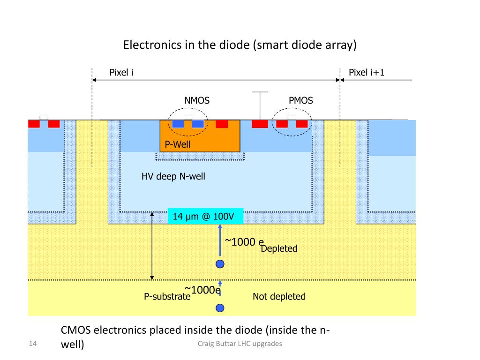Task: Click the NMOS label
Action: [x=197, y=100]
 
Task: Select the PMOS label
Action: [x=300, y=100]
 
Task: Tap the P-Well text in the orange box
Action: [x=177, y=144]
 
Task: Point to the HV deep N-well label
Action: [x=173, y=177]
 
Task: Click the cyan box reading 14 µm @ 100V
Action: [x=206, y=217]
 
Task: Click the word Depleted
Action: [x=279, y=248]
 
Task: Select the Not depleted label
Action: [x=279, y=296]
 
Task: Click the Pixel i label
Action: [x=121, y=72]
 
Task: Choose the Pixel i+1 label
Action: [x=367, y=72]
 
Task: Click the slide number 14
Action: [x=33, y=345]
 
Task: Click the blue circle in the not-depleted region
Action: [x=220, y=308]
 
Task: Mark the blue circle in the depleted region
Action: [x=220, y=264]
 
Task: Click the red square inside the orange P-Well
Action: [x=222, y=124]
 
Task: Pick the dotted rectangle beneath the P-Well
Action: [x=200, y=156]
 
